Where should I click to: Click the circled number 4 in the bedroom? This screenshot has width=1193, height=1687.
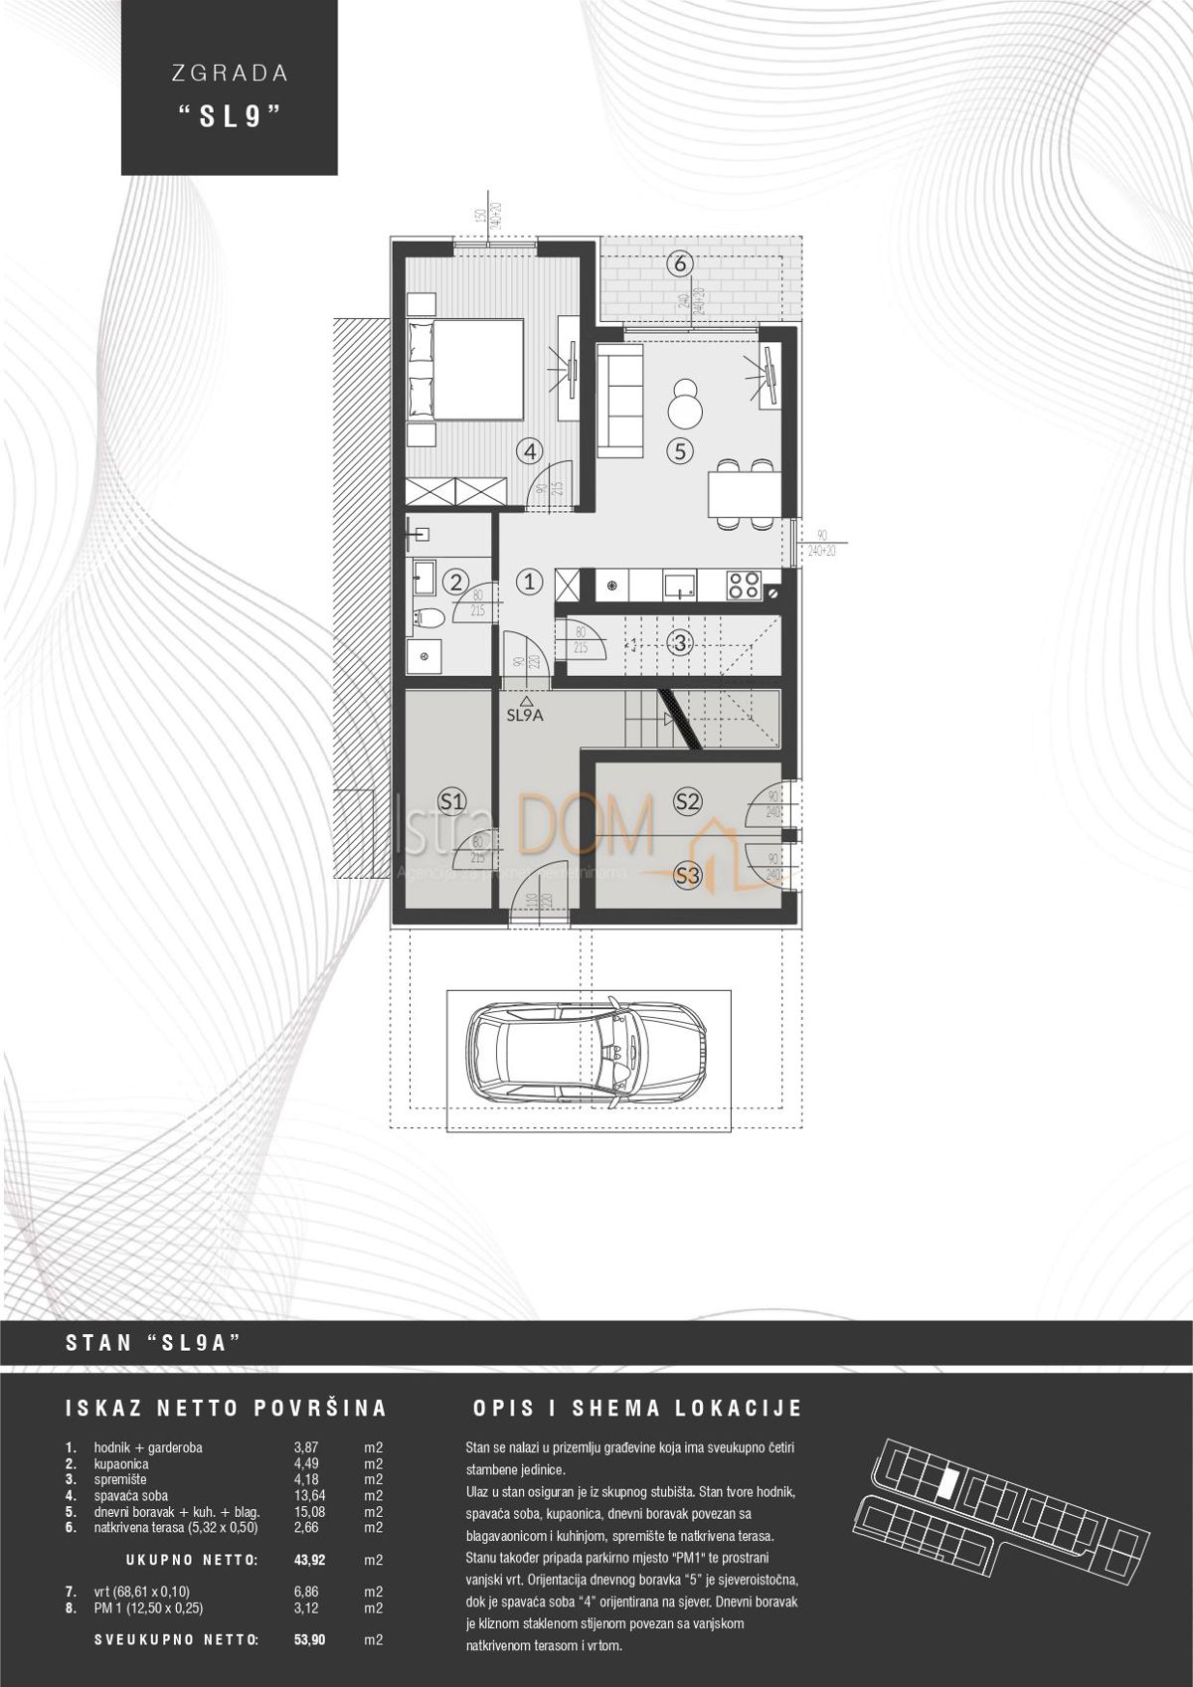(531, 450)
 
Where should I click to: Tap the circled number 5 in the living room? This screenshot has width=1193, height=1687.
(680, 450)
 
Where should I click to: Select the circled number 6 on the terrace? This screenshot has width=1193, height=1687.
(680, 264)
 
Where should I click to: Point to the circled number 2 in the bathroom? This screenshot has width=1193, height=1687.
(455, 583)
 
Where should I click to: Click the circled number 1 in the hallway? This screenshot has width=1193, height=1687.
(530, 582)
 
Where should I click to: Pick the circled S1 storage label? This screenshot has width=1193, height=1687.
(452, 799)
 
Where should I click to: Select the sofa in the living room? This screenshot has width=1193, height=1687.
(620, 401)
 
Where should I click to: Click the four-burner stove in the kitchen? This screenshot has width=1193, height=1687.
(744, 585)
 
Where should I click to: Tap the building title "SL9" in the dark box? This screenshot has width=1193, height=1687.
(229, 116)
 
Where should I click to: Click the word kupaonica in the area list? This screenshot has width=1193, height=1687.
(121, 1463)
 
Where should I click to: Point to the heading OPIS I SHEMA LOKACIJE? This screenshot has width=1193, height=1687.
(636, 1409)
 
